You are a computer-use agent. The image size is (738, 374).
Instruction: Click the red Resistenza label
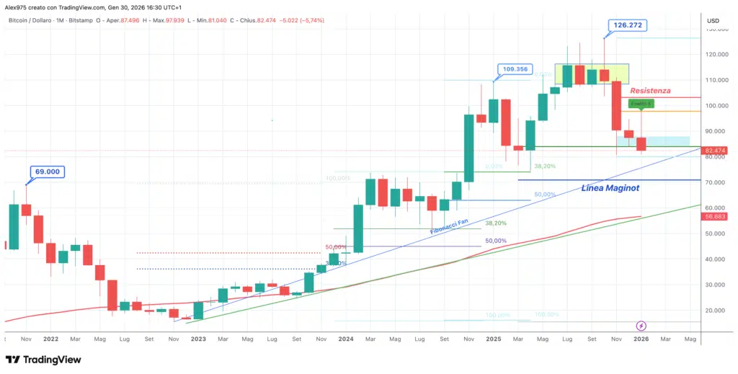pos(650,91)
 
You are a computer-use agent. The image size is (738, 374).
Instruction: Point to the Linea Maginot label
pos(610,188)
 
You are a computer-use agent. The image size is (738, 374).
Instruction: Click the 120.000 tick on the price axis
pos(716,54)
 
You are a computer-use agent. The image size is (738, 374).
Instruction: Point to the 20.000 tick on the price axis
pos(716,311)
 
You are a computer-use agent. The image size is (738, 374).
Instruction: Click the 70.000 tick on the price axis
pos(716,182)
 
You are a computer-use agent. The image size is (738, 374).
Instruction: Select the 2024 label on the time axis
pos(345,339)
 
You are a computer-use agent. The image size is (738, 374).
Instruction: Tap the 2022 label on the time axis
pos(50,339)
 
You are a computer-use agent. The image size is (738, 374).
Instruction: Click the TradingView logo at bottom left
pos(43,360)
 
